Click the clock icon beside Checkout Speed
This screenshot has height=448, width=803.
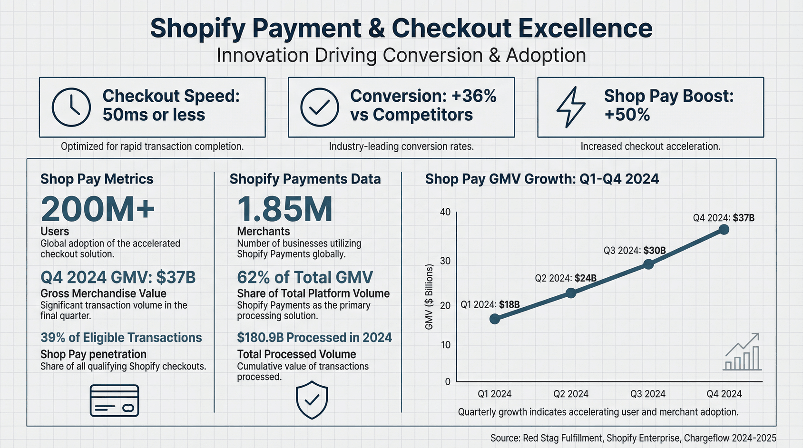point(71,107)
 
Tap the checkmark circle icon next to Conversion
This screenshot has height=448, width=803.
point(320,107)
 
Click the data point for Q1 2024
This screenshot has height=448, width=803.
point(495,319)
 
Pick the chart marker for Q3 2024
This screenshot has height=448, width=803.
point(648,264)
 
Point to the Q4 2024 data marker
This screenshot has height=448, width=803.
point(724,230)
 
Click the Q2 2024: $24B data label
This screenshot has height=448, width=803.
point(565,278)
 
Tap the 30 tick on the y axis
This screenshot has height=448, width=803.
point(445,261)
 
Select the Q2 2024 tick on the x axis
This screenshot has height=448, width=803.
point(571,394)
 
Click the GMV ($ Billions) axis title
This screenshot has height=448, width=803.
point(429,297)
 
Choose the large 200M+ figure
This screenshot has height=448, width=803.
point(98,209)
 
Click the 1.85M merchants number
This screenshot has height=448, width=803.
point(284,209)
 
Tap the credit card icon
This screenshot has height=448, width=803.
point(114,400)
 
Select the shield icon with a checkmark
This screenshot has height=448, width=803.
point(312,399)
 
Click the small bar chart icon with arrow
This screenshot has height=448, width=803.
point(743,353)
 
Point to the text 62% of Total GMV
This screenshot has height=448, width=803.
point(305,277)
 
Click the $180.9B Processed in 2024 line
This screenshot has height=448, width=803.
point(314,338)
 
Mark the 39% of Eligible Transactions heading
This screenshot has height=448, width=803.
point(121,338)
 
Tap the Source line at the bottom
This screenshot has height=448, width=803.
point(633,438)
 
